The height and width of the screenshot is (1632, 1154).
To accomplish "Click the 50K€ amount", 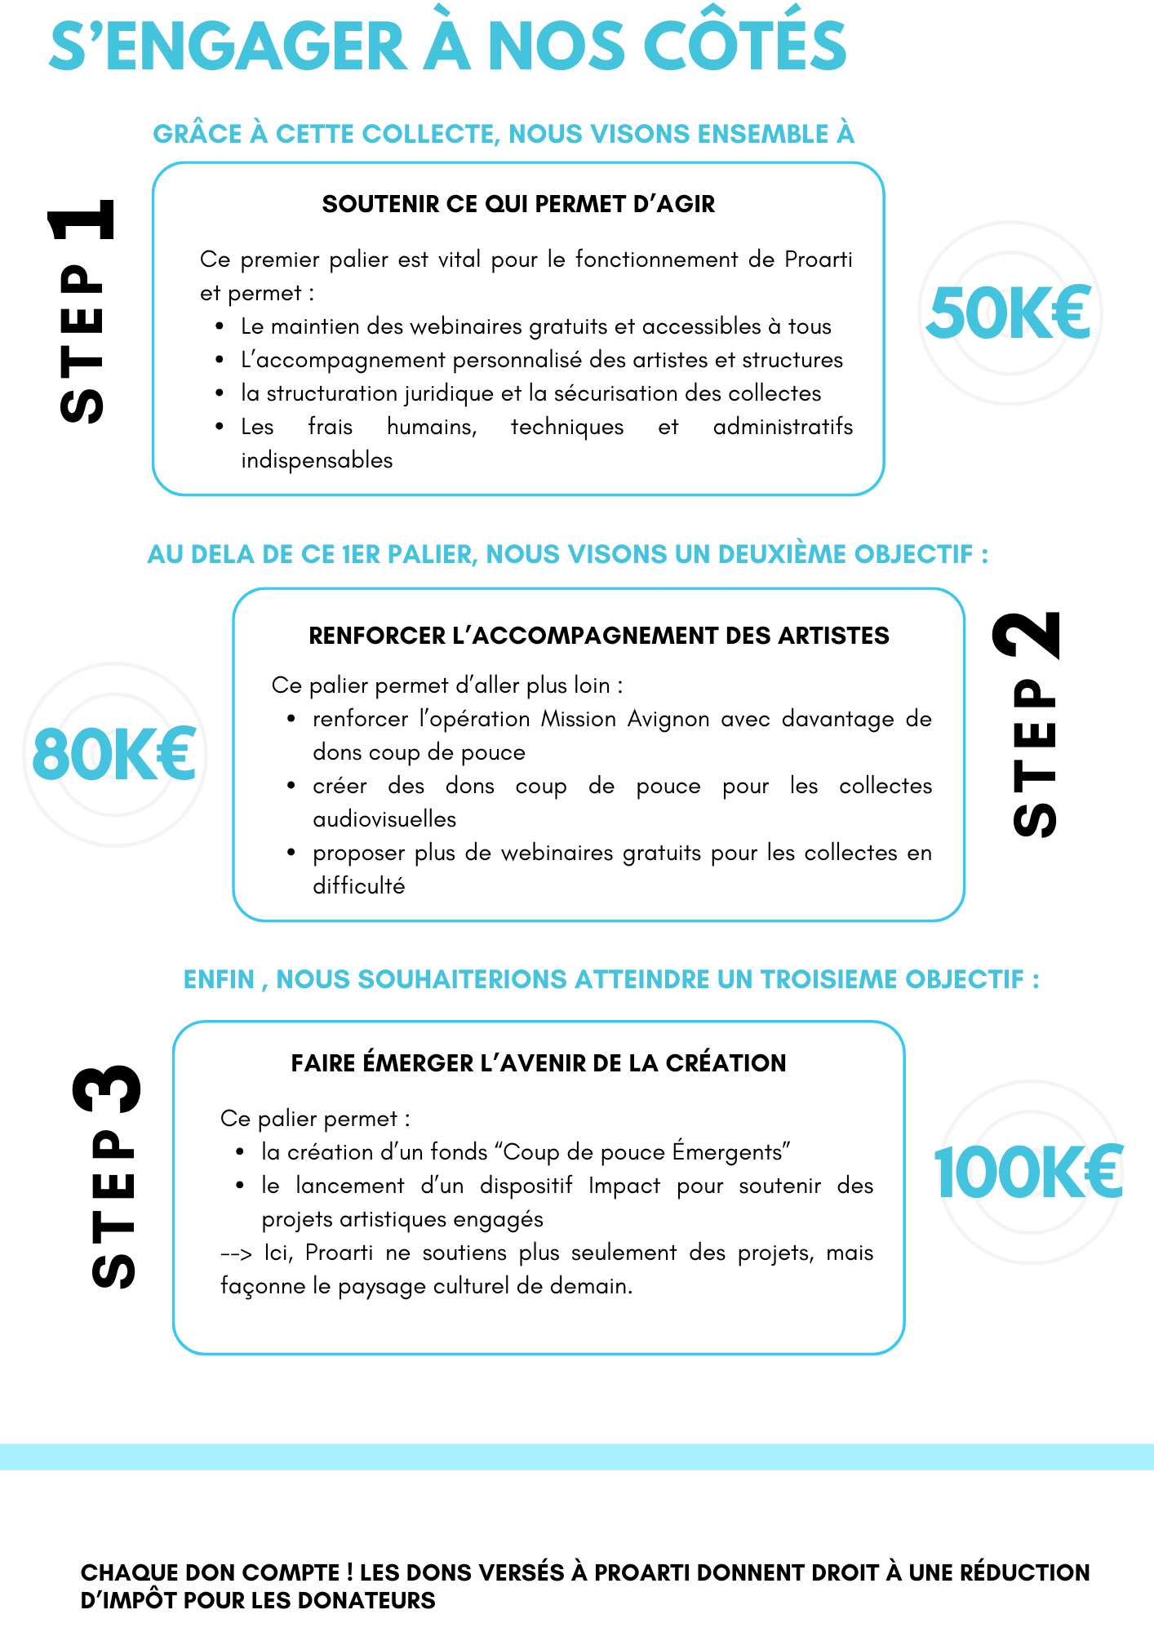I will [1010, 313].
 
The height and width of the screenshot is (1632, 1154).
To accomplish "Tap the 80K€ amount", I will [114, 755].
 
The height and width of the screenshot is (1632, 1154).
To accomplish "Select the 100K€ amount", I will [1028, 1173].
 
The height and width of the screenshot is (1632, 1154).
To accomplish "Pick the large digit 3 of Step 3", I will [107, 1089].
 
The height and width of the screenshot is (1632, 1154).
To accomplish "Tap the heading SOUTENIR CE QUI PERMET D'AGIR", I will [518, 204].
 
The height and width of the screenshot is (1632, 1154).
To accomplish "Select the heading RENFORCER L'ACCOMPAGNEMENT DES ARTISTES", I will [599, 636].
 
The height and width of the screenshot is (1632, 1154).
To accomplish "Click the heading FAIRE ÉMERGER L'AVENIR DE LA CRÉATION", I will [539, 1063].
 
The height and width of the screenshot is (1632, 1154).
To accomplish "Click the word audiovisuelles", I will [384, 819].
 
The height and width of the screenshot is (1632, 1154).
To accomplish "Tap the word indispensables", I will [317, 460].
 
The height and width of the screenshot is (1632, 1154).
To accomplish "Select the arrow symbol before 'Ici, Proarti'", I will [236, 1253].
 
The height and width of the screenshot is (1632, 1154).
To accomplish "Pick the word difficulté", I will [358, 886].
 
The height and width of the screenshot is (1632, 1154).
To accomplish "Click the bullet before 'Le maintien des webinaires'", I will [220, 326].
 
